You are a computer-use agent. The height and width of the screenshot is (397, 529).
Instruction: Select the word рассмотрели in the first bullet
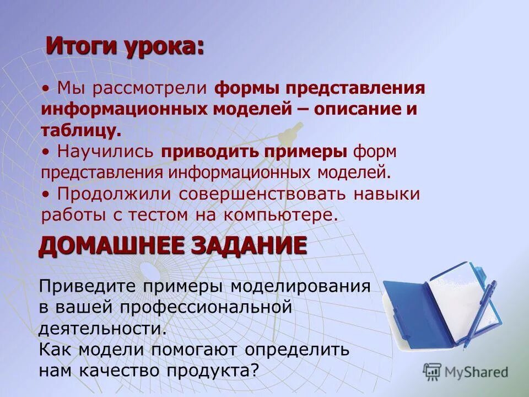pos(150,89)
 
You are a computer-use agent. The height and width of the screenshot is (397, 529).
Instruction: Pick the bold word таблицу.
pos(80,130)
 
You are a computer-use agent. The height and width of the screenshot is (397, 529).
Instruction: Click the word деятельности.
pos(102,328)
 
